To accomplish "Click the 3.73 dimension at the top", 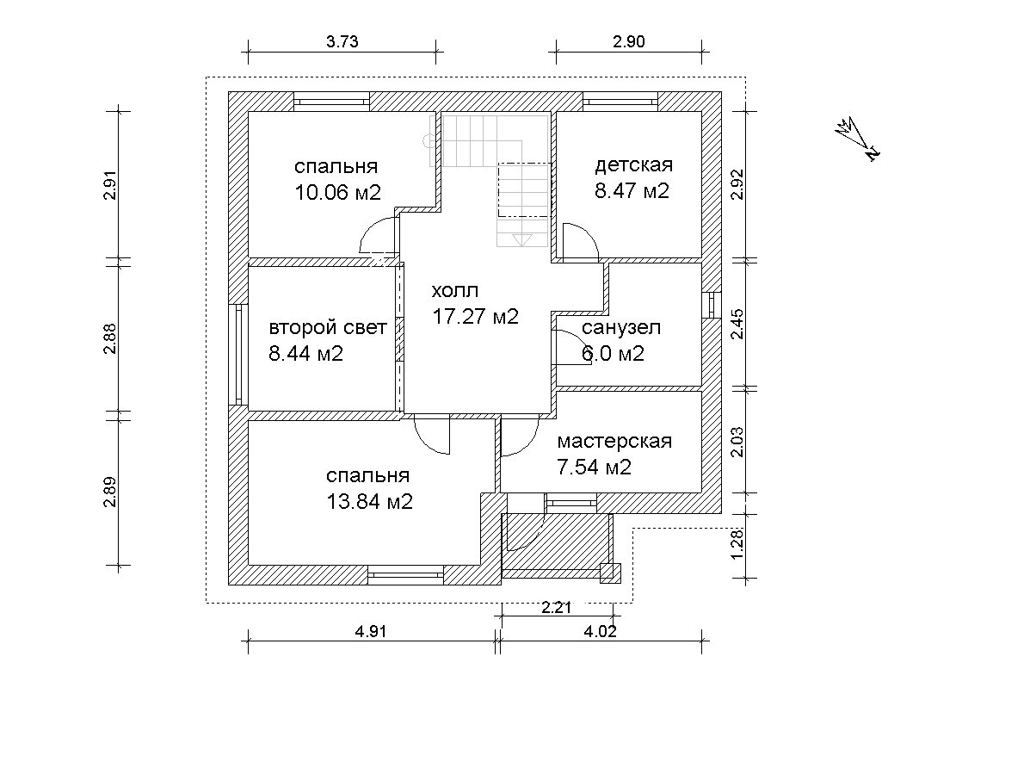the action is click(x=342, y=41).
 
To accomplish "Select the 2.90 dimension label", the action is click(x=629, y=41).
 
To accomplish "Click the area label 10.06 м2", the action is click(x=337, y=192).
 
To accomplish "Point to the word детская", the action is click(x=634, y=165).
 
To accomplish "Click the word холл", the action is click(x=455, y=291).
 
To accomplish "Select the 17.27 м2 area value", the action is click(x=476, y=317).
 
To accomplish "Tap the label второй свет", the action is click(x=328, y=328).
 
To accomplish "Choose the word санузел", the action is click(x=621, y=328).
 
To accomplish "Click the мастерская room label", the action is click(x=614, y=442).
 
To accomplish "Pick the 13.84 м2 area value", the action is click(x=369, y=502).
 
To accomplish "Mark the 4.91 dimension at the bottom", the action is click(x=370, y=631).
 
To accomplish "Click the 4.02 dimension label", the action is click(x=601, y=631).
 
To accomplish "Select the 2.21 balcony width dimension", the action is click(x=557, y=608).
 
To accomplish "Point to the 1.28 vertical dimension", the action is click(x=737, y=543).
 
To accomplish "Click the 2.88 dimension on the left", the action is click(x=110, y=338).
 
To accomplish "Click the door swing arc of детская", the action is click(x=587, y=233).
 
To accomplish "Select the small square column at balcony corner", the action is click(x=610, y=573).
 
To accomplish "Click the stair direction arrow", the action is click(x=521, y=240).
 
